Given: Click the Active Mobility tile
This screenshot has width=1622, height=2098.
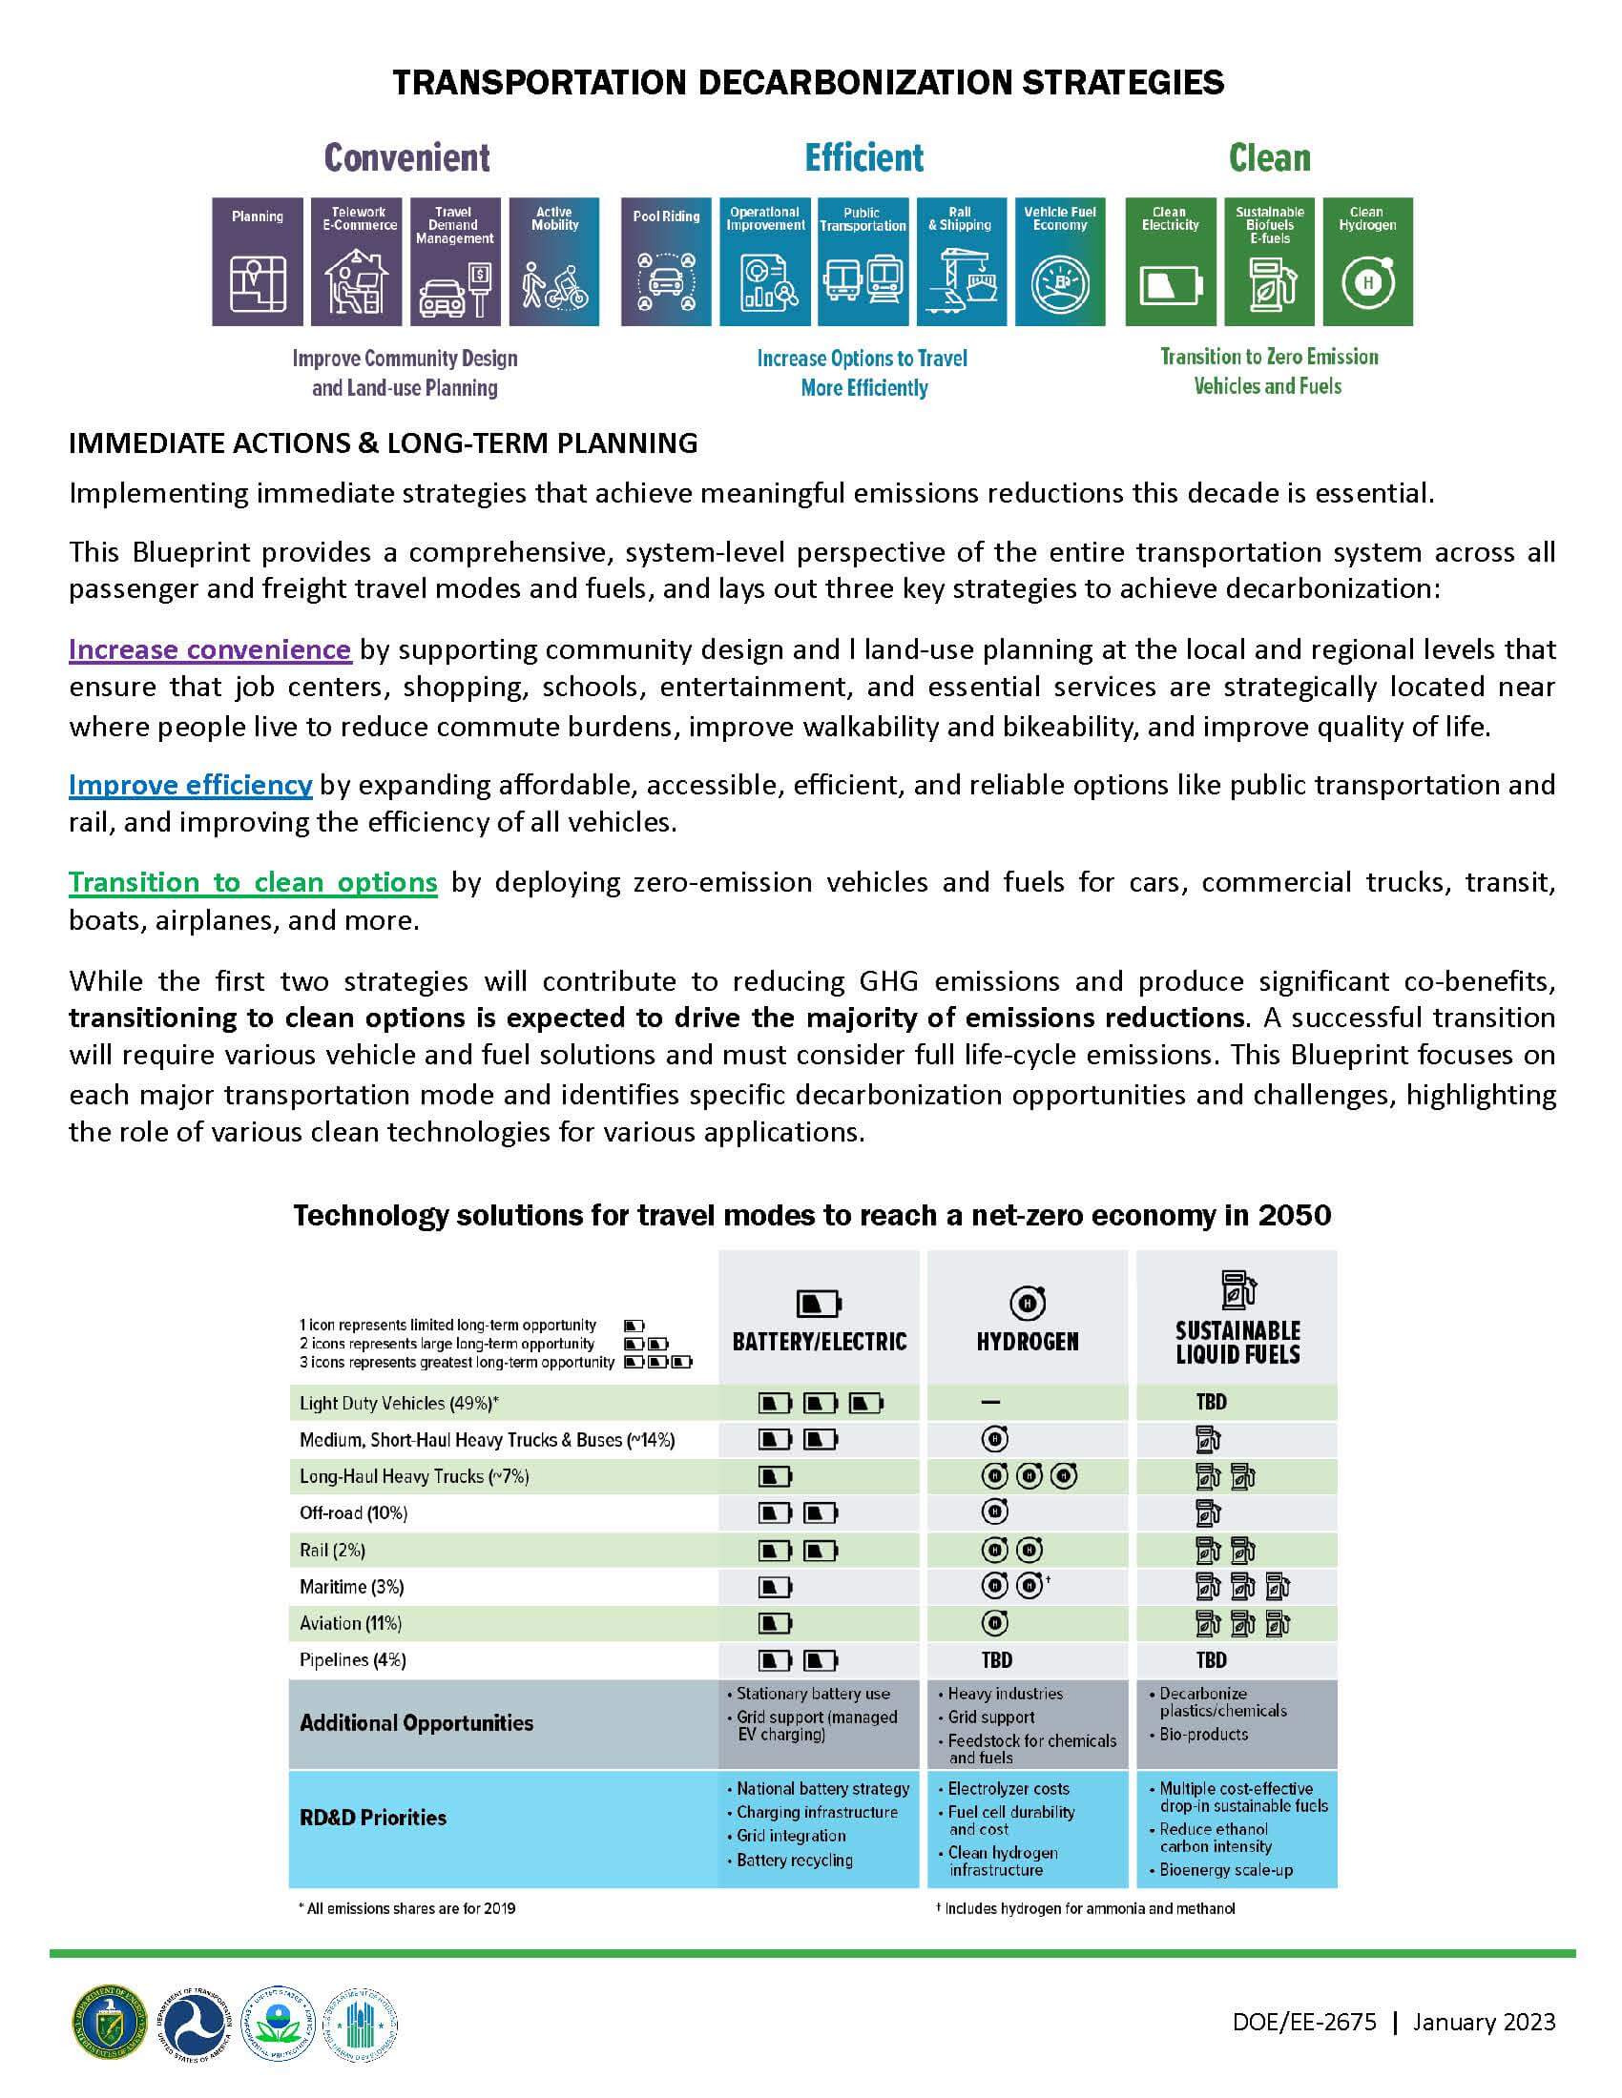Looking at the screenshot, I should [x=554, y=261].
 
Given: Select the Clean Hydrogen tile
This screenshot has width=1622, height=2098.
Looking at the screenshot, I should [x=1367, y=261].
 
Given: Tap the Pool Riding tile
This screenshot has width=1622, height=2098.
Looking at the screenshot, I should [x=666, y=261].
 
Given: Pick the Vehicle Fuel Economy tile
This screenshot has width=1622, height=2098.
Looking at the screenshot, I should [x=1059, y=261].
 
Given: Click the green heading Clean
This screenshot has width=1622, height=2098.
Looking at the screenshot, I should [x=1268, y=157].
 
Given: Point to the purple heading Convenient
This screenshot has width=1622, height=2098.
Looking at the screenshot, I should [x=406, y=157].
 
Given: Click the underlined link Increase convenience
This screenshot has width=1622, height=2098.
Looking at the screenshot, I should [x=210, y=649].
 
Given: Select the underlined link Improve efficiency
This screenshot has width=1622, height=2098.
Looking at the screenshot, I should [x=190, y=785].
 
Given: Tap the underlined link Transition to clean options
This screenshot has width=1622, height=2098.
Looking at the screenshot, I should [x=253, y=882].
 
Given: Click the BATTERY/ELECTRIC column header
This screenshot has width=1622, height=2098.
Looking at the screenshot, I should [x=820, y=1340].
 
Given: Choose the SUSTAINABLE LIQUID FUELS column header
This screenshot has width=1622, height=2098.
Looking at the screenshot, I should [x=1237, y=1342].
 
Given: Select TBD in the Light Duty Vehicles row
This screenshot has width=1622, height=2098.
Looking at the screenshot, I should [x=1211, y=1402].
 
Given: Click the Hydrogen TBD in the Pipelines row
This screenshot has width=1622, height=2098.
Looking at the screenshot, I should [x=996, y=1659].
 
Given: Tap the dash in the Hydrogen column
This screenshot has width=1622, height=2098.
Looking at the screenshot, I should [x=990, y=1403].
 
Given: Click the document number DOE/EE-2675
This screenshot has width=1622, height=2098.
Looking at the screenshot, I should [x=1304, y=2021].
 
